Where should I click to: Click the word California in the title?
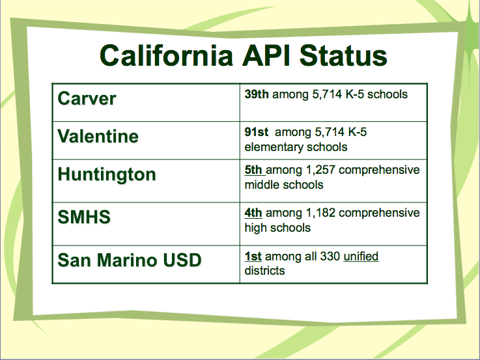[166, 55]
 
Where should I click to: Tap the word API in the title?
[266, 55]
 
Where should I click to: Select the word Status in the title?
[343, 55]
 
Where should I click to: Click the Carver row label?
[87, 98]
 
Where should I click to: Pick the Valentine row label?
[98, 136]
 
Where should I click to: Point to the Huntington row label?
[107, 174]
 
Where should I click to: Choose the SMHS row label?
[84, 217]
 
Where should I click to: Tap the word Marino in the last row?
[128, 260]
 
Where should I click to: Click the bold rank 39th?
[257, 94]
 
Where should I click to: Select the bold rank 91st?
[256, 132]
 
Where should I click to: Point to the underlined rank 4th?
[253, 213]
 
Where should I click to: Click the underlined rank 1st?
[253, 256]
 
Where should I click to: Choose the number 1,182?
[320, 213]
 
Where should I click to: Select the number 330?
[330, 256]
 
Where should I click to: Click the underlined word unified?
[361, 256]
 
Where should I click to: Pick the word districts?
[264, 271]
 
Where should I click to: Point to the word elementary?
[274, 147]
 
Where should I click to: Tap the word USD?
[182, 260]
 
